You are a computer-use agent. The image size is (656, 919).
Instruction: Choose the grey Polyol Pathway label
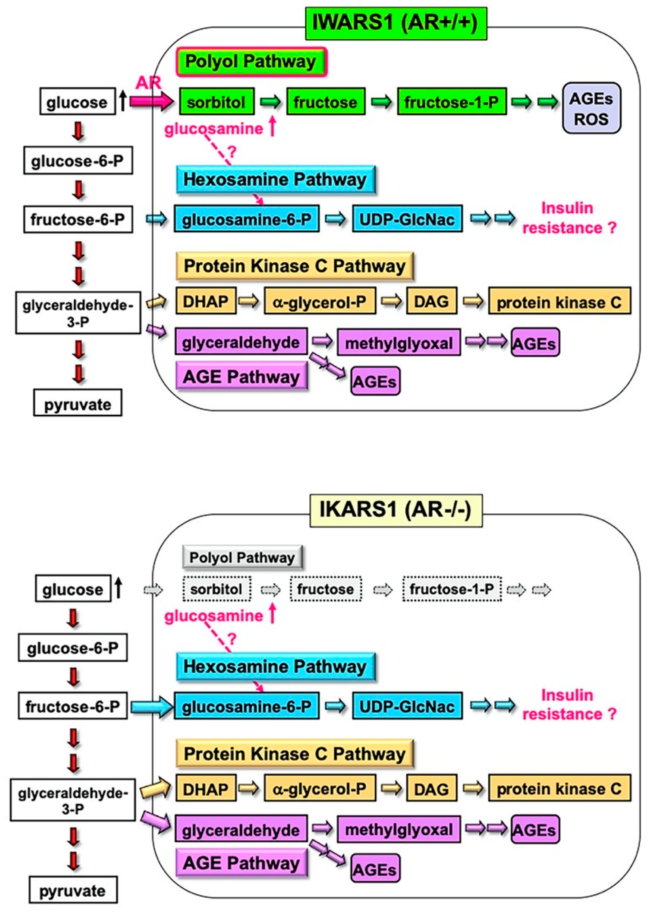[x=242, y=557]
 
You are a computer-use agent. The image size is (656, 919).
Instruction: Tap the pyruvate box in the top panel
[x=78, y=403]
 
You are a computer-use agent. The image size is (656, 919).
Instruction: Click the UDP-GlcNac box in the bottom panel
[x=407, y=706]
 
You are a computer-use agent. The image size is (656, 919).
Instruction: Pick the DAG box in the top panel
[x=431, y=301]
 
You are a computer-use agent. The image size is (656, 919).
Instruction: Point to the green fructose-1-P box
[x=452, y=102]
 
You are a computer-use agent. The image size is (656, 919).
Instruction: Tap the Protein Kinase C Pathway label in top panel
[x=295, y=266]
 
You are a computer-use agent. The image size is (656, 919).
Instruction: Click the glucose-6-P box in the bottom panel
[x=73, y=648]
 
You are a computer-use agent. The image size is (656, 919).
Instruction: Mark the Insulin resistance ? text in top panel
[x=569, y=218]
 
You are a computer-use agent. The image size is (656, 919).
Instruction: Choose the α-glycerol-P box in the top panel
[x=320, y=301]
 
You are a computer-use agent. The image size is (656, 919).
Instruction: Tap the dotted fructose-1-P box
[x=452, y=589]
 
